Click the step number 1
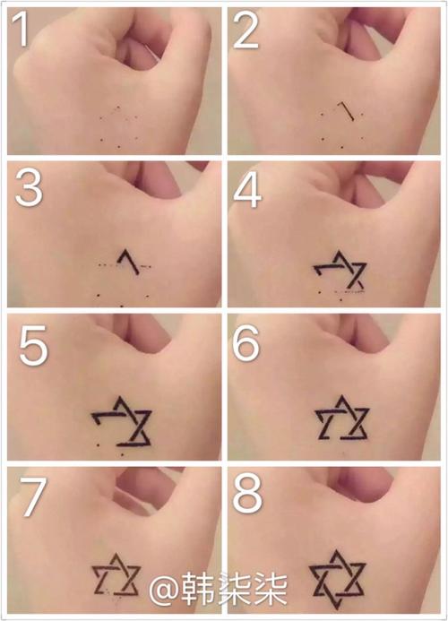pos(21,29)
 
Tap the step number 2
pos(246,30)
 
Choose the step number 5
pos(33,345)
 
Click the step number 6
pos(246,342)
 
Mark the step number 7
pos(32,496)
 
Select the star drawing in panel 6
pos(342,418)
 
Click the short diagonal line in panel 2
pos(347,110)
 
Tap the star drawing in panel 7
pos(116,575)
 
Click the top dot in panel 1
pos(118,107)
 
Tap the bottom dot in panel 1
pos(119,147)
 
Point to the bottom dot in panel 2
pos(342,148)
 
